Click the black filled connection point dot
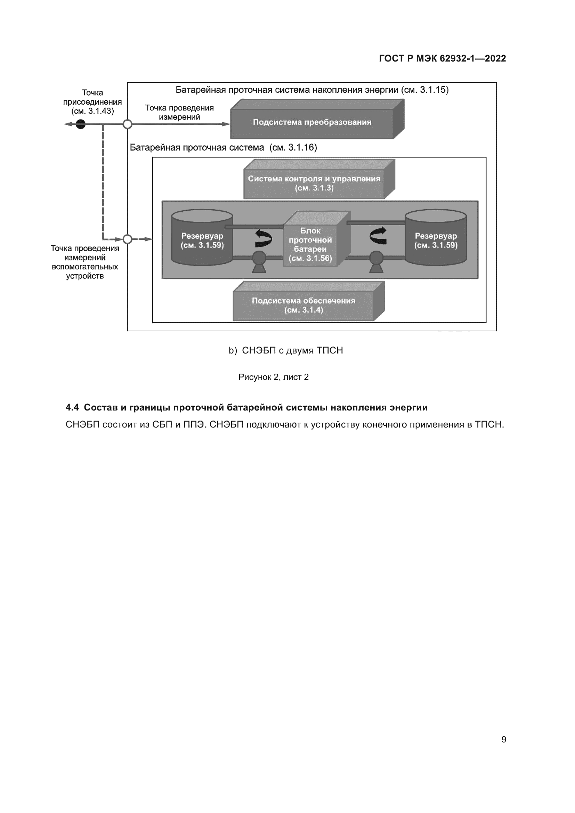pos(81,124)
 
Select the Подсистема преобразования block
pos(312,122)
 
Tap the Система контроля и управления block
pos(314,183)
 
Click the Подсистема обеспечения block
pos(303,305)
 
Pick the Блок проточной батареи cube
pos(310,244)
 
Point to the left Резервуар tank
pos(202,241)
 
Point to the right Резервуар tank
pos(436,241)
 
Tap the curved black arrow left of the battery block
pos(264,238)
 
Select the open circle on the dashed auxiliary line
pos(128,239)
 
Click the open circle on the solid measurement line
pos(128,124)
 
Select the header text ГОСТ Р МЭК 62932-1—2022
pos(442,58)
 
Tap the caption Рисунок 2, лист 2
pos(273,377)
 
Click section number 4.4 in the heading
pos(72,408)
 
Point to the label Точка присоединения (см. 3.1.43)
pos(92,102)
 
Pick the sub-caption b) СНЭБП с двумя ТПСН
pos(286,351)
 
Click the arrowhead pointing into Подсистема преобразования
pos(226,124)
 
